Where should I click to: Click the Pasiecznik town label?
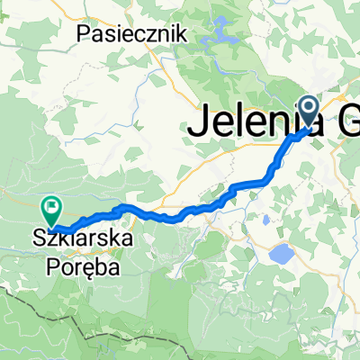[131, 33]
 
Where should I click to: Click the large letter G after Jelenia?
[345, 122]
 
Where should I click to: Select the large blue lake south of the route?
[281, 254]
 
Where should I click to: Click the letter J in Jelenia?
[195, 122]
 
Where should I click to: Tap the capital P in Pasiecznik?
[85, 33]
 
